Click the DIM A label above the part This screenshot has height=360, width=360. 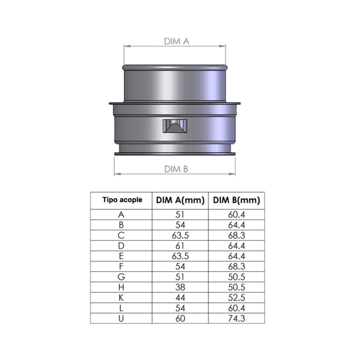click(x=176, y=41)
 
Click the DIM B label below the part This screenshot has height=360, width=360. click(x=176, y=169)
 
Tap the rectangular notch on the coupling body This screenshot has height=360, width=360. click(x=175, y=126)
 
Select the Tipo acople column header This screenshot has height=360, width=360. click(x=122, y=200)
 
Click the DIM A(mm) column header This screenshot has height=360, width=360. click(x=180, y=200)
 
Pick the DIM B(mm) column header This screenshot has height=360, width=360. click(x=237, y=200)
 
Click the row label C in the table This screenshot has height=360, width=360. click(x=121, y=235)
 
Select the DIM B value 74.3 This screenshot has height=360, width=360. click(x=237, y=319)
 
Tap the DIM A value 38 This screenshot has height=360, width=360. click(x=180, y=287)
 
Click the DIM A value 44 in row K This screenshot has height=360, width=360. click(x=180, y=298)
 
